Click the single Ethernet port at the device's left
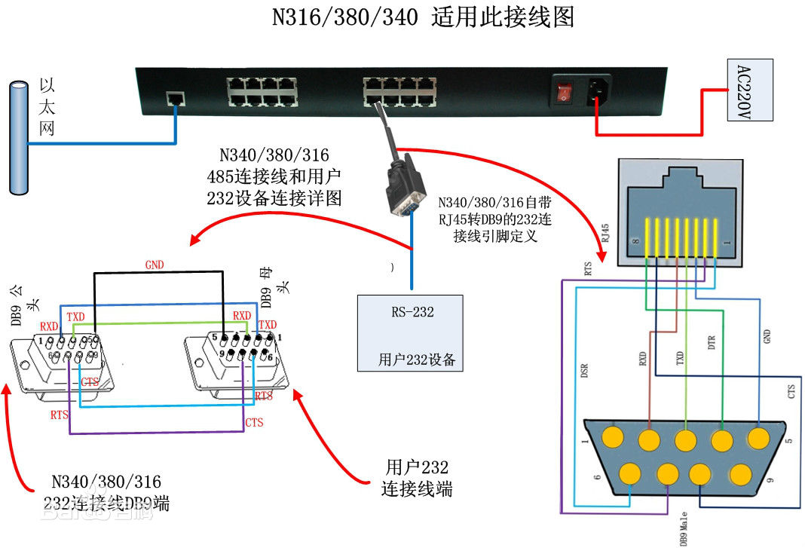pos(176,98)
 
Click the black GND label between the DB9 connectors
pos(155,265)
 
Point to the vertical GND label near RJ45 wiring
pos(767,336)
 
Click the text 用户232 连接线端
pos(417,477)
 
